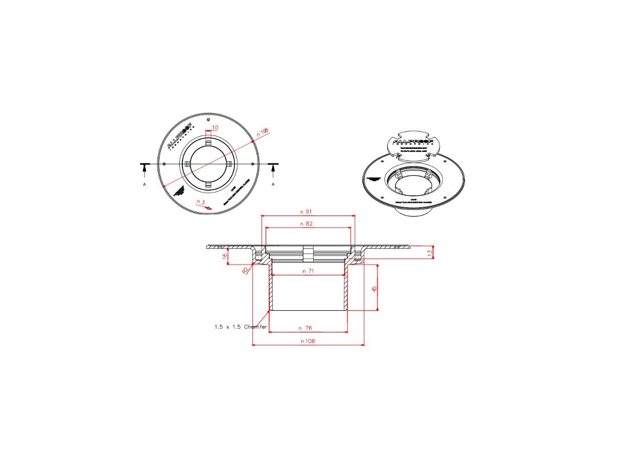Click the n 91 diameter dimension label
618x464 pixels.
(308, 211)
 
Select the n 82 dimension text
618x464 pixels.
(308, 224)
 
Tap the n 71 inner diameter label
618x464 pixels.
(308, 271)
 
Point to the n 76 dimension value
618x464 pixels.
(308, 328)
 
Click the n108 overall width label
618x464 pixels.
(308, 341)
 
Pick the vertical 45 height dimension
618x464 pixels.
(374, 288)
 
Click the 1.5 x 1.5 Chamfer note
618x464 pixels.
(241, 327)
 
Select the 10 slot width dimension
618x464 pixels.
(215, 127)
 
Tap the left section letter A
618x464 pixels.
(144, 184)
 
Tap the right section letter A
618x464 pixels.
(273, 184)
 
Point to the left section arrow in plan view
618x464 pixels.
(145, 168)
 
